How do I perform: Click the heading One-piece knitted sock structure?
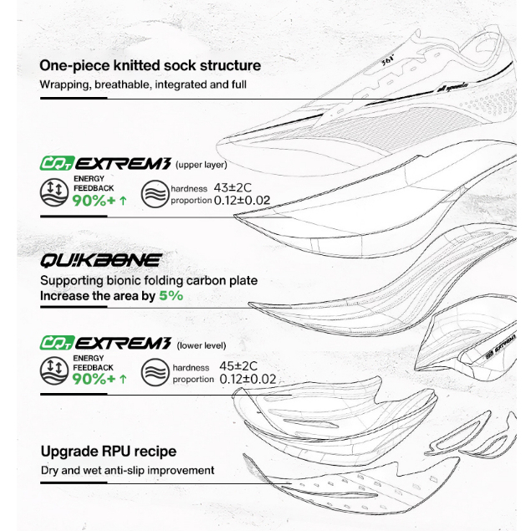tap(151, 65)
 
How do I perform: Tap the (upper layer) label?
tap(202, 165)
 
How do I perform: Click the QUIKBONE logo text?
tap(101, 261)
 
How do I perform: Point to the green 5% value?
tap(171, 296)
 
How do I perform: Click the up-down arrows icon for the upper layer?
tap(54, 193)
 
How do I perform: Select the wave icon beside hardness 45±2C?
tap(155, 373)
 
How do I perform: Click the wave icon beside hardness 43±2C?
tap(155, 194)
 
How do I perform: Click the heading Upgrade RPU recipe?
tap(109, 452)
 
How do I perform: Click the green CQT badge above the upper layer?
tap(57, 163)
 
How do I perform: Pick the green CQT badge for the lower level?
tap(57, 343)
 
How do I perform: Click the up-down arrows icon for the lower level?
tap(54, 372)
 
